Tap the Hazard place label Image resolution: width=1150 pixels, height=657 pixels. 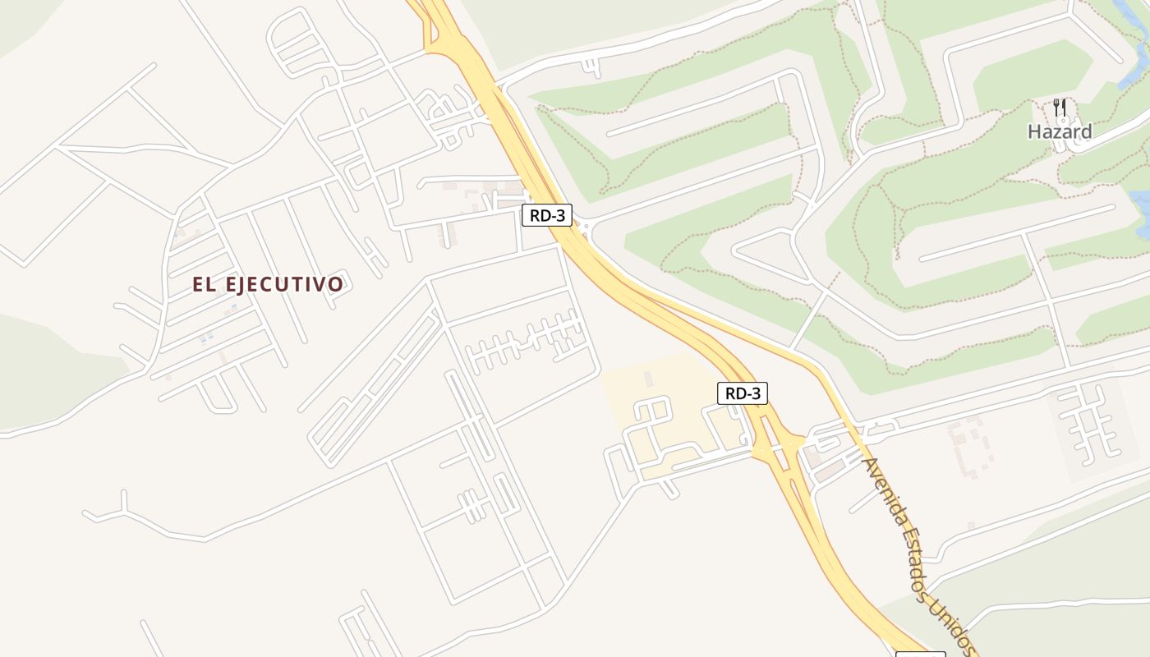tap(1060, 131)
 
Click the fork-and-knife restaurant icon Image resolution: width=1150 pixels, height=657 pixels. tap(1060, 108)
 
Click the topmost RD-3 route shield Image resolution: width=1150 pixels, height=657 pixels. tap(546, 216)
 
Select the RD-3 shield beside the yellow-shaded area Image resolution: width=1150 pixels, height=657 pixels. tap(743, 393)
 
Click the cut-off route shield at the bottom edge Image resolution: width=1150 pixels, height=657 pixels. tap(920, 655)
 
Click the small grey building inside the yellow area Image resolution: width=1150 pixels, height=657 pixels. tap(649, 379)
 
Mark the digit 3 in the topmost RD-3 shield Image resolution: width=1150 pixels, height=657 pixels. tap(561, 216)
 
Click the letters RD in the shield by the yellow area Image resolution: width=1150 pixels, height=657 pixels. tap(734, 393)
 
